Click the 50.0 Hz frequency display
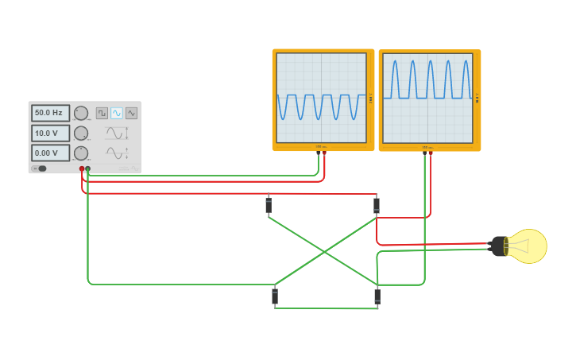(x=50, y=113)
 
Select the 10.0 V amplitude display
(x=50, y=133)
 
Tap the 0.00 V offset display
(x=50, y=153)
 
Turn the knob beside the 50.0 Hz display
(x=81, y=113)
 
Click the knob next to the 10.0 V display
(x=81, y=133)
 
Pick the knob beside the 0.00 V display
(x=81, y=153)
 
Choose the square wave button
(x=102, y=113)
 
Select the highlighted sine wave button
(x=117, y=113)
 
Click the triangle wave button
(x=131, y=113)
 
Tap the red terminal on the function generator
(x=82, y=168)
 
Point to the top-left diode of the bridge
(x=269, y=206)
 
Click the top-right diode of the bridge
(x=377, y=206)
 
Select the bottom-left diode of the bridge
(x=275, y=296)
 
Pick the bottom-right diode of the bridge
(x=377, y=296)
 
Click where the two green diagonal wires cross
(x=325, y=252)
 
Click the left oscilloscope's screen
(x=321, y=97)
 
